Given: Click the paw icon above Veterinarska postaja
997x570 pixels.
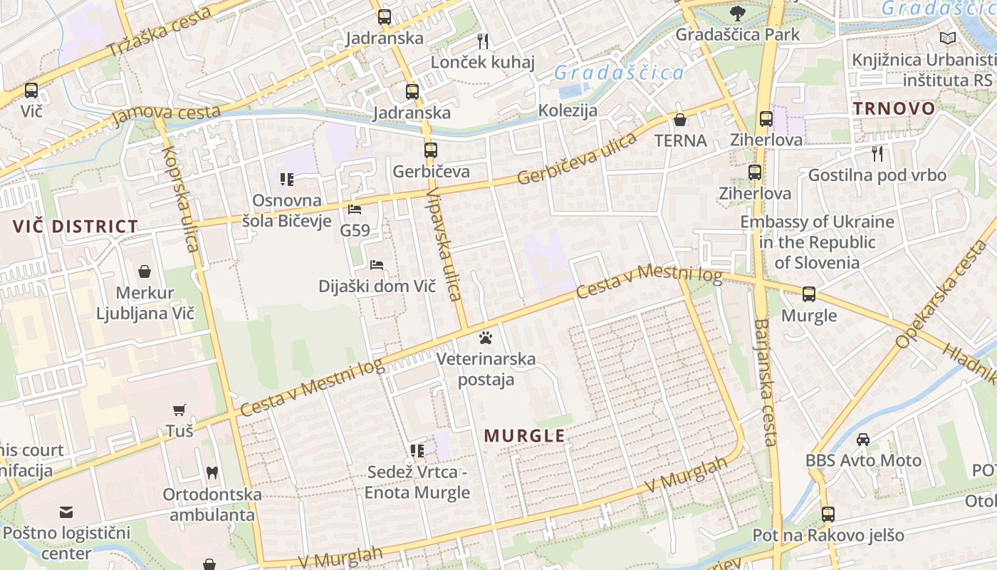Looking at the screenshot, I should pos(486,336).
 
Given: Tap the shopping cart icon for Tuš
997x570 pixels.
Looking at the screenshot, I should pos(179,410).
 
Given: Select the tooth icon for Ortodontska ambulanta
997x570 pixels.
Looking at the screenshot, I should pos(212,472).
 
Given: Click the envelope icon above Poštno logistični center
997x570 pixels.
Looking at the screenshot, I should pos(66,512).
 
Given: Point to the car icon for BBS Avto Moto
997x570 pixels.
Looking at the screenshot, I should pos(863,439).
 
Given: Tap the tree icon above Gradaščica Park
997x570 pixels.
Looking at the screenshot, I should pos(738,12).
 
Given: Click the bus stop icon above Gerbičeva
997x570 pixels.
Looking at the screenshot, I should pos(431,150).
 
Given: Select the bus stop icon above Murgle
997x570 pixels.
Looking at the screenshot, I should pos(809,294).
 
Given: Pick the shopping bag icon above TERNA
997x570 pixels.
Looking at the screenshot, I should pos(680,119).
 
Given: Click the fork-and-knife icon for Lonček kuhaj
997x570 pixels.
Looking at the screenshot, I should pos(483,41).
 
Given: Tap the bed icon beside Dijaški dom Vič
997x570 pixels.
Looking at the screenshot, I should pos(377,265).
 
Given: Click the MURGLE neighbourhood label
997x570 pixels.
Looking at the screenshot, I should pos(525,436).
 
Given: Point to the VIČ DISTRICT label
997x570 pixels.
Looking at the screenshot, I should pos(75,227).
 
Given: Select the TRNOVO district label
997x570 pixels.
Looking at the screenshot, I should pos(894,108).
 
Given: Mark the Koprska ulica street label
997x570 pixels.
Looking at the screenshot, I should pos(180,199).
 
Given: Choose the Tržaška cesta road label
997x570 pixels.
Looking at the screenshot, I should pos(160,32).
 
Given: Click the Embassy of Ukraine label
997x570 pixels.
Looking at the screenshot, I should pos(816,242).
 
